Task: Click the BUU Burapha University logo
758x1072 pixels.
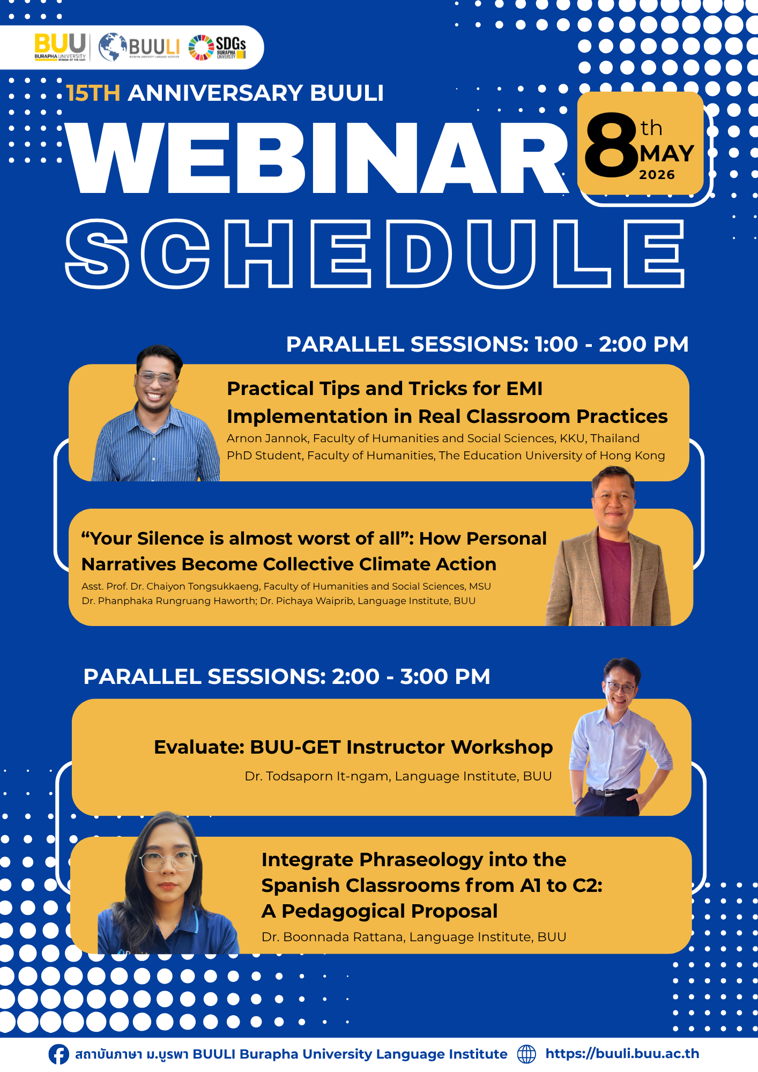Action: (x=60, y=47)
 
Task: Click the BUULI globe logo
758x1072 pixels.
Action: (x=139, y=47)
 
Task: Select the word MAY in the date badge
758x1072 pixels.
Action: (x=667, y=154)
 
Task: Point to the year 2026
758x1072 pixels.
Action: (x=657, y=175)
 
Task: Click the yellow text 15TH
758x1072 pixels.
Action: (x=93, y=93)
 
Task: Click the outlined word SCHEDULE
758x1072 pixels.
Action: (x=375, y=254)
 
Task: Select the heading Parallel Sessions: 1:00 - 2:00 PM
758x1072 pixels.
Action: (x=487, y=344)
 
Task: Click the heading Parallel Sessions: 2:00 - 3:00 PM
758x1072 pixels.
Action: (x=287, y=676)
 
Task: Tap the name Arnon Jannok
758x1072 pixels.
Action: (x=267, y=438)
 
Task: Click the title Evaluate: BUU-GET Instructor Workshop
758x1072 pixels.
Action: (x=353, y=747)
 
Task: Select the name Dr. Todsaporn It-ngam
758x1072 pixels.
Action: (x=317, y=776)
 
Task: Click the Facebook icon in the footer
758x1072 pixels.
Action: (x=58, y=1054)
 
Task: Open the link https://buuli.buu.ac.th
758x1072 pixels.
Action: (x=622, y=1054)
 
